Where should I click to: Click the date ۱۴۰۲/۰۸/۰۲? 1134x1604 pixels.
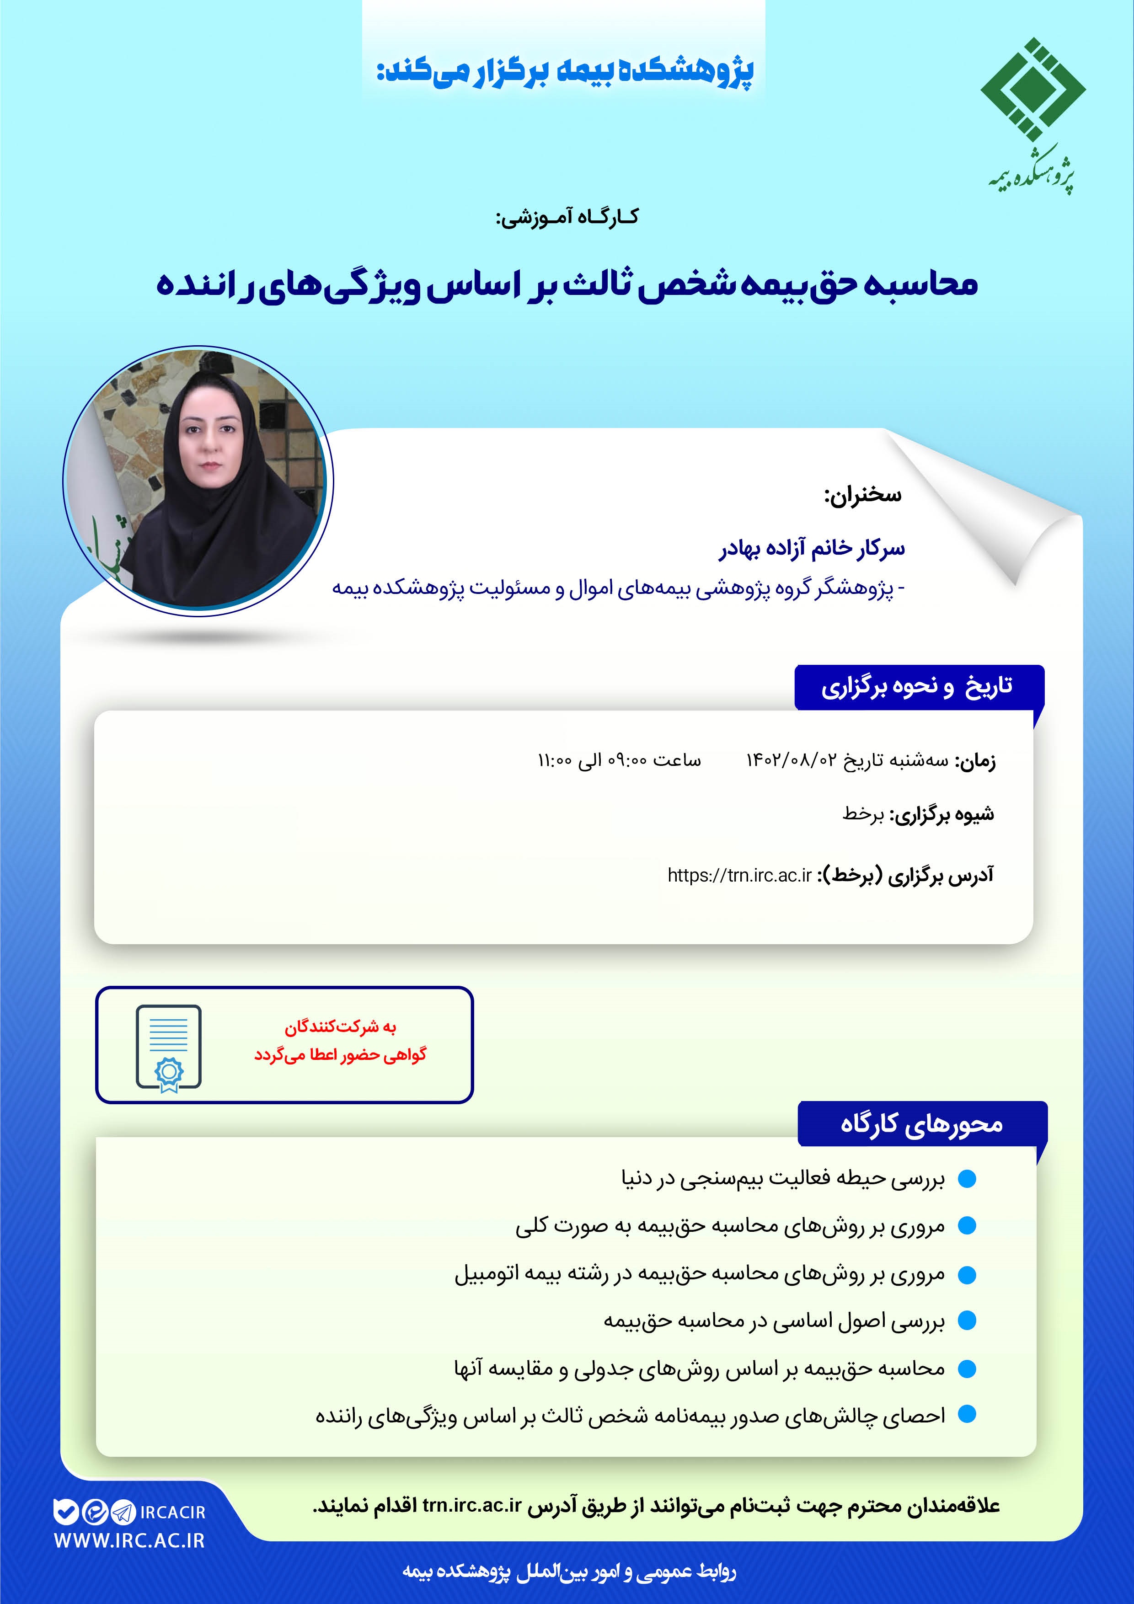pyautogui.click(x=791, y=760)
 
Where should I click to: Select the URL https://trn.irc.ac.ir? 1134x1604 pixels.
pyautogui.click(x=739, y=875)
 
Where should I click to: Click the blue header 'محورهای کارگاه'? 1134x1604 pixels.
pyautogui.click(x=921, y=1124)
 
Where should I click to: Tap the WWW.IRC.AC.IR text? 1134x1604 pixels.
pyautogui.click(x=129, y=1540)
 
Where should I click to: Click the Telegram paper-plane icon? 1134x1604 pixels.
pyautogui.click(x=123, y=1513)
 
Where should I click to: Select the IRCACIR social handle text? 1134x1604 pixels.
pyautogui.click(x=172, y=1513)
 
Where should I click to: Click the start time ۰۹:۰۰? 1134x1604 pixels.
pyautogui.click(x=627, y=760)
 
